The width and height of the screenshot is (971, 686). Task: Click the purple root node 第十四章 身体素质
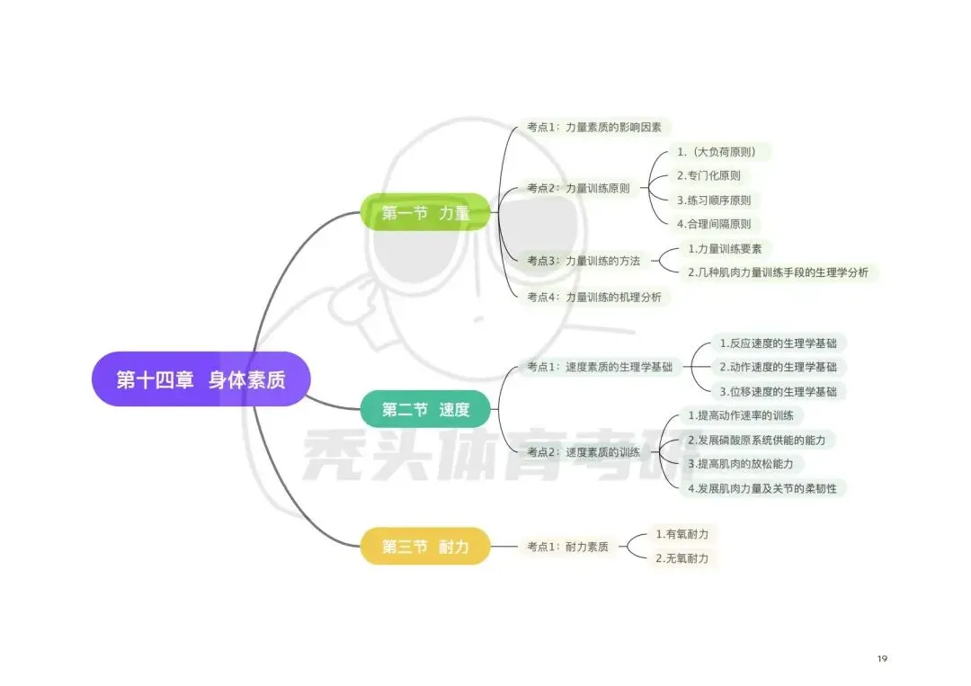click(x=200, y=379)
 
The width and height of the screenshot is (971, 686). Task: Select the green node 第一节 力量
click(x=425, y=212)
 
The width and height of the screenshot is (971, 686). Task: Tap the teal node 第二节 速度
click(x=425, y=409)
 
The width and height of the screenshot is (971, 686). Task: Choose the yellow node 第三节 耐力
click(x=425, y=546)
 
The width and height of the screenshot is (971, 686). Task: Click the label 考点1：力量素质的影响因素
click(x=594, y=127)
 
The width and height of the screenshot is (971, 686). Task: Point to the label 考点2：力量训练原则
click(x=578, y=188)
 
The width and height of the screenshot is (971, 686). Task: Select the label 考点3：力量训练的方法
click(x=584, y=261)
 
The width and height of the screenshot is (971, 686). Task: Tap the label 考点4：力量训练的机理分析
click(x=594, y=298)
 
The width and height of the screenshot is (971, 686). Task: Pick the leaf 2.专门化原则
click(x=709, y=175)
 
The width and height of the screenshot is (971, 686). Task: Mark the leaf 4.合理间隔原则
click(x=714, y=224)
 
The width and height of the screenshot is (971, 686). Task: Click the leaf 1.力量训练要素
click(x=726, y=249)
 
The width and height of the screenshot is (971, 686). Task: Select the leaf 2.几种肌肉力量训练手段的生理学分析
click(x=779, y=272)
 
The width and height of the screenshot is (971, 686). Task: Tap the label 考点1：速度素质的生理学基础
click(x=600, y=367)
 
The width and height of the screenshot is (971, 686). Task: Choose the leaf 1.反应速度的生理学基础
click(x=779, y=343)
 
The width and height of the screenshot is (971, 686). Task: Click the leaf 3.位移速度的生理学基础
click(x=779, y=391)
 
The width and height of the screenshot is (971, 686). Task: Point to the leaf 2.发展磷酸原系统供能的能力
click(x=757, y=440)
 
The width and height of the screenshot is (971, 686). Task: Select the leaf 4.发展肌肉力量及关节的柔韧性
click(x=763, y=488)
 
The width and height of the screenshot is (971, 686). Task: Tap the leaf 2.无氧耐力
click(x=682, y=557)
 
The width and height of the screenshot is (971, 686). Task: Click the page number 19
click(x=883, y=658)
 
